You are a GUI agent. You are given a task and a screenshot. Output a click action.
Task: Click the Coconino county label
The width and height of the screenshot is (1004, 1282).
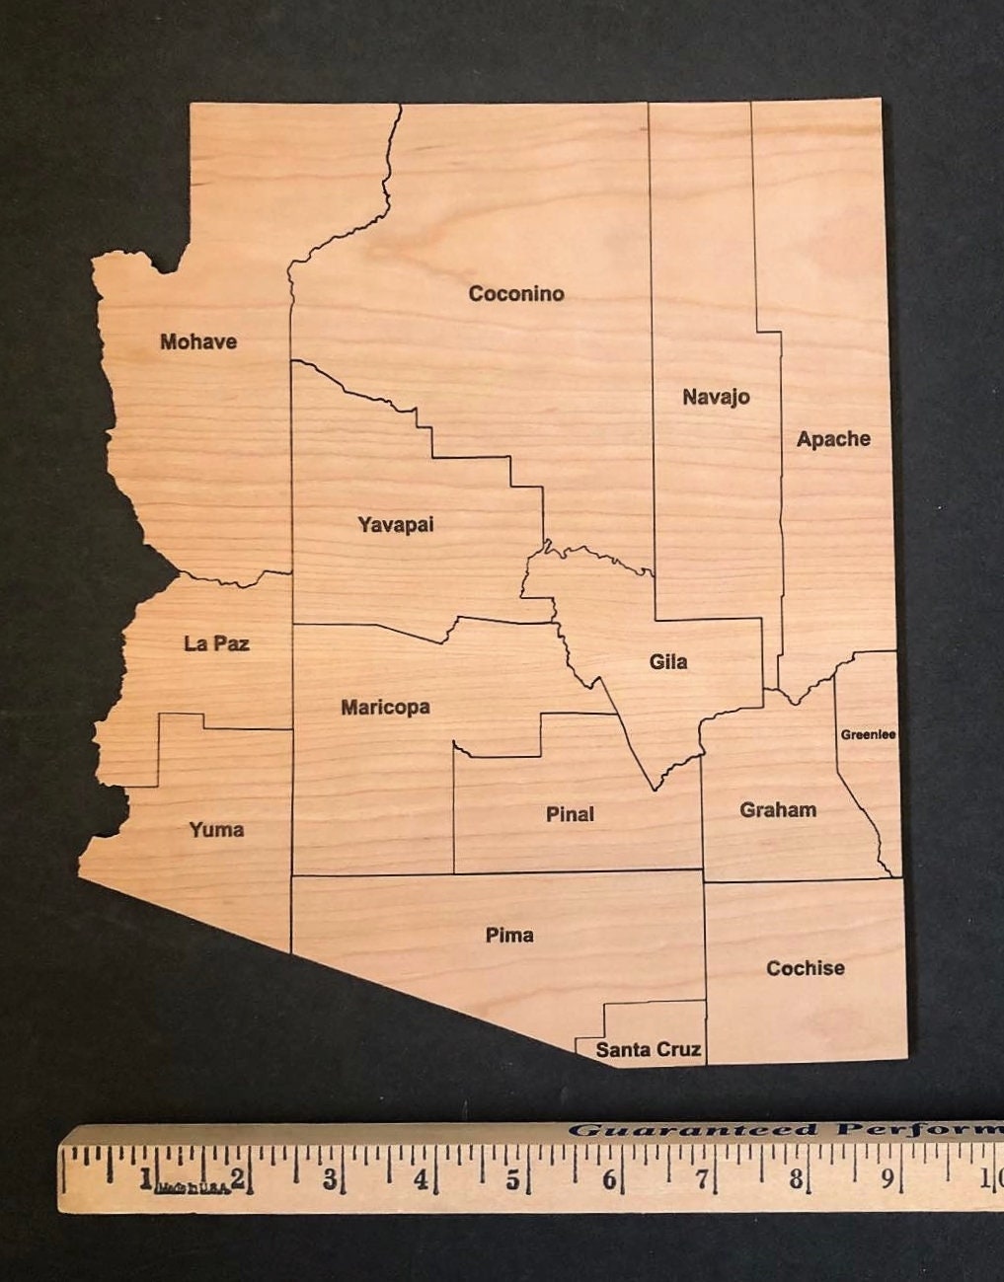tap(516, 293)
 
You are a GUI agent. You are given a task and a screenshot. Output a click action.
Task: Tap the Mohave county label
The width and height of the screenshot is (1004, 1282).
tap(198, 341)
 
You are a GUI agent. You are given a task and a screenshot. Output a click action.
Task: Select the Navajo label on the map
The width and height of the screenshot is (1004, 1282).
tap(716, 397)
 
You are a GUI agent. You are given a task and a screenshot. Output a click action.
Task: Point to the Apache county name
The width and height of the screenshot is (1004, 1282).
tap(833, 439)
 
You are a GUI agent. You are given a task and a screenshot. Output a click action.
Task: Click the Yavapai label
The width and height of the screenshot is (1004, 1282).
tap(396, 524)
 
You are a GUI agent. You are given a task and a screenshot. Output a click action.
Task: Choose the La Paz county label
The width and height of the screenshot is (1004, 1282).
tap(216, 643)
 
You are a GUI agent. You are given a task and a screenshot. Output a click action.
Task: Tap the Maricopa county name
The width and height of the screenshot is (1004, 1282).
tap(385, 707)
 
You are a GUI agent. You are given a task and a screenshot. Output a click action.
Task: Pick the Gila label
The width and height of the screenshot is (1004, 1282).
tap(668, 661)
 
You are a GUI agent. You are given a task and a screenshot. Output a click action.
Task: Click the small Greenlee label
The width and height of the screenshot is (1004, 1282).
tap(868, 734)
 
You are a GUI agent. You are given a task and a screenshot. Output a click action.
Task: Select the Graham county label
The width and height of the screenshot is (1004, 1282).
tap(778, 810)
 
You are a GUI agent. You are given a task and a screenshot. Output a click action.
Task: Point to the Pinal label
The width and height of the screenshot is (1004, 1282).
tap(570, 814)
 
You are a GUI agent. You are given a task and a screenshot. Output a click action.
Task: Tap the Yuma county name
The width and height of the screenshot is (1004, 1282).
tap(216, 829)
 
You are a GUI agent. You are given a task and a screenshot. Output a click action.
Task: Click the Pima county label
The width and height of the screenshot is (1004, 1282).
tap(509, 935)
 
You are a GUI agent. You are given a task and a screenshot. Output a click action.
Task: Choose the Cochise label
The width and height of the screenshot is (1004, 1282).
tap(806, 968)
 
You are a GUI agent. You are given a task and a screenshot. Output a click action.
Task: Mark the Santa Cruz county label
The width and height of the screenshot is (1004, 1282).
tap(649, 1049)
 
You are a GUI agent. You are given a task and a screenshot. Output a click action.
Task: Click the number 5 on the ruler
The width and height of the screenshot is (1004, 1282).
tap(512, 1179)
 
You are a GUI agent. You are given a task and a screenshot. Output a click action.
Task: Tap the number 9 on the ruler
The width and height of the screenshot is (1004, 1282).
tap(888, 1177)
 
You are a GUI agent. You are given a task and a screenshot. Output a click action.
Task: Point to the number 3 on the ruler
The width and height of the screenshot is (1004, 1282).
tap(329, 1179)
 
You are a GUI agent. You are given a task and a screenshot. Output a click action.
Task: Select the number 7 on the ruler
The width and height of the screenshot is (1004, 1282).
tap(702, 1178)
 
